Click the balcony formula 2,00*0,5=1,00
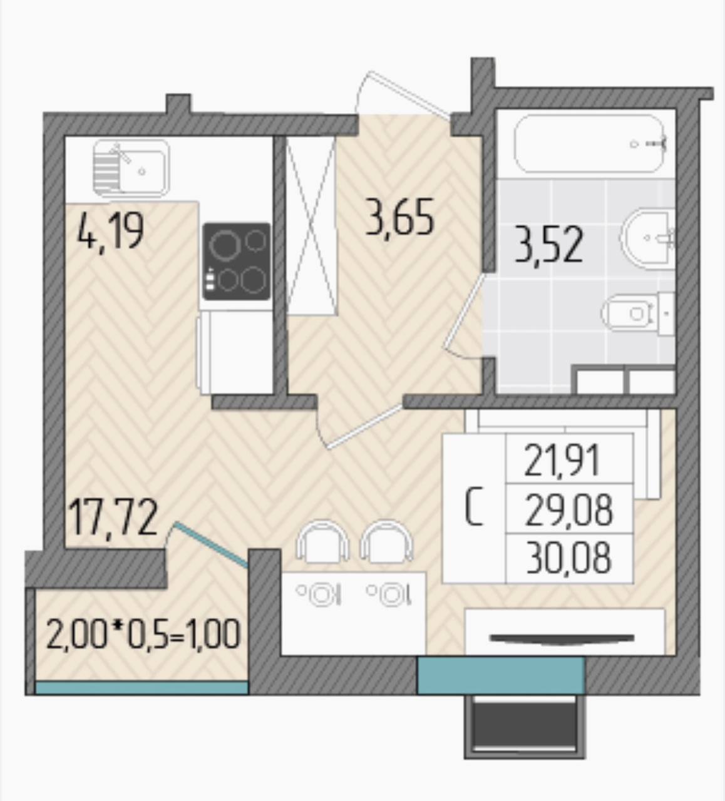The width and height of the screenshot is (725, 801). pos(143,636)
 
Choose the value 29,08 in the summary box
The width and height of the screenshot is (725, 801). pos(568,510)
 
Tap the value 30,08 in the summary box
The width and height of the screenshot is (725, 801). pos(568,558)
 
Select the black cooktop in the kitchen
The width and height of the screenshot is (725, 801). pos(236,261)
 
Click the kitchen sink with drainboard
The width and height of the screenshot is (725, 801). pos(131,168)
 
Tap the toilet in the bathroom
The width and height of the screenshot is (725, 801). pos(638,313)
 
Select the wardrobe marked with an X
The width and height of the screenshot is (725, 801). pos(311,226)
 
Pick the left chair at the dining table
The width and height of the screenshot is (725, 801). pos(322,540)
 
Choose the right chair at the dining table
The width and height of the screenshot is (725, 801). pos(386,540)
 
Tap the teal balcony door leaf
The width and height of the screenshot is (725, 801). pos(212,544)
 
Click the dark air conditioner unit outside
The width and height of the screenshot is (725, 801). pos(525,728)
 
